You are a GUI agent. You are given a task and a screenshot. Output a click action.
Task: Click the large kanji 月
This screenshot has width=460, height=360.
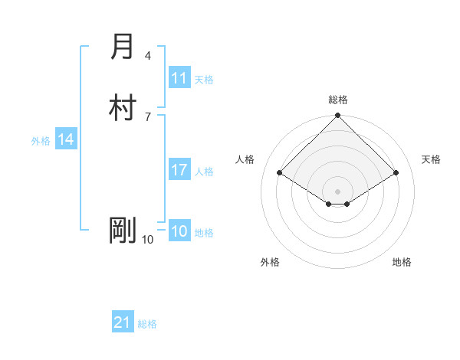(122, 47)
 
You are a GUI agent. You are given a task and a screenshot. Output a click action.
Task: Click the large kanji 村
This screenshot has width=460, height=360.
(122, 108)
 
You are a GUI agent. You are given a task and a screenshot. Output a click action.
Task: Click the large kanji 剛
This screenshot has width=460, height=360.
(122, 231)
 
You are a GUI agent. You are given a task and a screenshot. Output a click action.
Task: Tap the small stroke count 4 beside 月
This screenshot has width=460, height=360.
(148, 56)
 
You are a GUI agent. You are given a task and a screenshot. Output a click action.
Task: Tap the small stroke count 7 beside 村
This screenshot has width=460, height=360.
(148, 116)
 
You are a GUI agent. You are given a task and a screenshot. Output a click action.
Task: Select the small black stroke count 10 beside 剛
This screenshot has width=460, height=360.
(148, 240)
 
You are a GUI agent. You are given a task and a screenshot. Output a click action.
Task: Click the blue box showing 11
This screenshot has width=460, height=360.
(179, 78)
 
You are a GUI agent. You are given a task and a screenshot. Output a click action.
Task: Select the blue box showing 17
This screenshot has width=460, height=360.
(179, 170)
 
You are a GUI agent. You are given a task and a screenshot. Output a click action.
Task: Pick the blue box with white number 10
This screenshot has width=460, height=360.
(179, 231)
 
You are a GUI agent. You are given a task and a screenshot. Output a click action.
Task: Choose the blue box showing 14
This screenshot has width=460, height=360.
(66, 139)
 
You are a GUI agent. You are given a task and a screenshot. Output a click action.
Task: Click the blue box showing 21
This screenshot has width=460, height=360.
(123, 322)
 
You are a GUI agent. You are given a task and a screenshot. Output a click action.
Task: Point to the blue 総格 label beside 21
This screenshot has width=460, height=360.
(147, 324)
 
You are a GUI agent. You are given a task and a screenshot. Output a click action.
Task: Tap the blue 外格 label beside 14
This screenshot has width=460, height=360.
(41, 141)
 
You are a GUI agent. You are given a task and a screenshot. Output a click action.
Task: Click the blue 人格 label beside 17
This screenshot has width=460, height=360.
(205, 172)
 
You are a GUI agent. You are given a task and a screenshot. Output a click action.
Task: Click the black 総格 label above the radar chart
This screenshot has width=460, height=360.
(338, 100)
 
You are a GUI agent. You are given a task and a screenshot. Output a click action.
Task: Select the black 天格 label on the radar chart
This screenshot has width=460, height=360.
(431, 159)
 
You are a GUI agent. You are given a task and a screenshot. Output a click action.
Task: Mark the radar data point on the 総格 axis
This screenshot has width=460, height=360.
(338, 116)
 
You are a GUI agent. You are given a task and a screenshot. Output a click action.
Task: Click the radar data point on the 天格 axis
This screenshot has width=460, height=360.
(396, 174)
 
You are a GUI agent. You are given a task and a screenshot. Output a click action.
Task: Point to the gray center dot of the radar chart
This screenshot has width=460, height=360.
(338, 191)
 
